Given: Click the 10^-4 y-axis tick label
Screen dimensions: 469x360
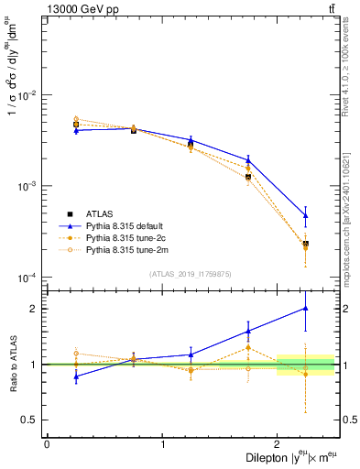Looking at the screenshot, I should pyautogui.click(x=28, y=278).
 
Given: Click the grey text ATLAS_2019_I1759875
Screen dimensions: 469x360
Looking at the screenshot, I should pyautogui.click(x=191, y=274).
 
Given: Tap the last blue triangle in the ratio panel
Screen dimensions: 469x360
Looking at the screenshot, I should pyautogui.click(x=306, y=309).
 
